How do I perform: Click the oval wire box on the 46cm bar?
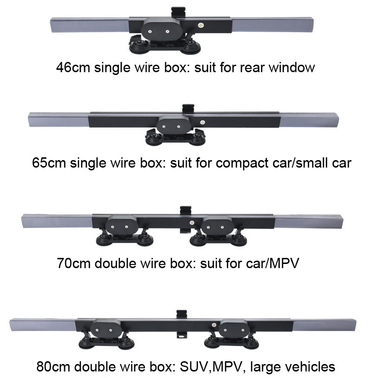[159, 32]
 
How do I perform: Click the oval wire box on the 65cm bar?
[172, 126]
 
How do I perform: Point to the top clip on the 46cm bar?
[179, 11]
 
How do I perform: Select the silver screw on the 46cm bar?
[201, 26]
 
